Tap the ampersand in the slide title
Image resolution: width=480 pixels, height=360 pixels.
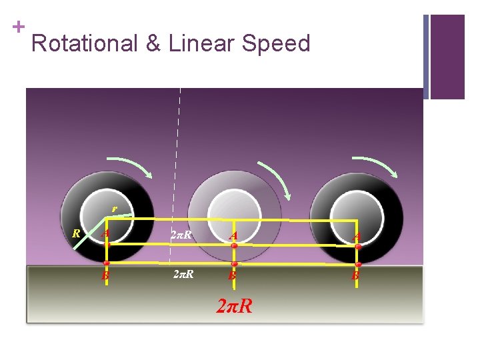pyautogui.click(x=153, y=43)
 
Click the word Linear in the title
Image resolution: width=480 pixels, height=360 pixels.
pyautogui.click(x=199, y=43)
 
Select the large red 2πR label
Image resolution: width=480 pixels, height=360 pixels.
pyautogui.click(x=235, y=306)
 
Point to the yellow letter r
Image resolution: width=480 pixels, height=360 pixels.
pyautogui.click(x=114, y=209)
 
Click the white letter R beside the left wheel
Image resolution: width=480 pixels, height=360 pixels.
pyautogui.click(x=77, y=233)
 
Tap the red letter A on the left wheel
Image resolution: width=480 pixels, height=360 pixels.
pyautogui.click(x=105, y=234)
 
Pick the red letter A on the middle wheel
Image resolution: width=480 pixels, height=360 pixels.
pyautogui.click(x=233, y=235)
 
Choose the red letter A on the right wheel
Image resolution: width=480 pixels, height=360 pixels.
pyautogui.click(x=357, y=235)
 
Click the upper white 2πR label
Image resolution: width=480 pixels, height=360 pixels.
pyautogui.click(x=181, y=235)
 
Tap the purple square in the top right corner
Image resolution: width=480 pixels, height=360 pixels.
pyautogui.click(x=447, y=57)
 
